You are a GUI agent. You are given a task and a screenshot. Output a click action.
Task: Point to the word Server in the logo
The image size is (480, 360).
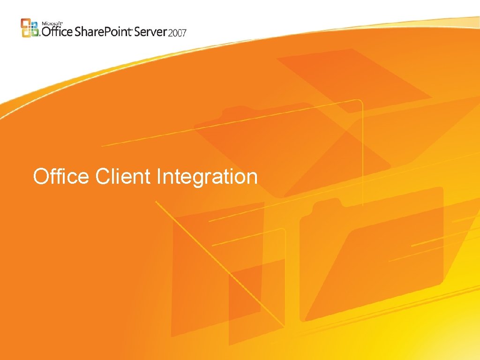coord(152,31)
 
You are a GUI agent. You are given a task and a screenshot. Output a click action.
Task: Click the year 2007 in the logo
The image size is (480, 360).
coord(178,32)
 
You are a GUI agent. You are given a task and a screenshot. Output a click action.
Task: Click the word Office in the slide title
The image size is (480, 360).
coord(60,177)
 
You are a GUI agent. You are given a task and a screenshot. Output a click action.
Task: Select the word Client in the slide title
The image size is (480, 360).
coord(123,177)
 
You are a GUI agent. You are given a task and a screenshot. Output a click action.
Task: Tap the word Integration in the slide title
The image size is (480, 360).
coord(207,178)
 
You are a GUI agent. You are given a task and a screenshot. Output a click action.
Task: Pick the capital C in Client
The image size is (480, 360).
coord(102,177)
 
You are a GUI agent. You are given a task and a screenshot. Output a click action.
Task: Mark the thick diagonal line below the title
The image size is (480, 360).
coord(220,265)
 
